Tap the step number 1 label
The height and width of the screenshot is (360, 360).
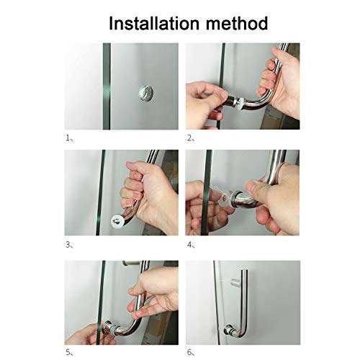[x=68, y=136]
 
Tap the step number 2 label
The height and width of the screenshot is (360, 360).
[x=190, y=136]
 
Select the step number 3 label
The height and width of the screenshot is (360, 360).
[x=68, y=244]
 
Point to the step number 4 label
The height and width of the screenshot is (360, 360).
[x=190, y=244]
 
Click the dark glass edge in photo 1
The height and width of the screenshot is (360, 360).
[x=106, y=86]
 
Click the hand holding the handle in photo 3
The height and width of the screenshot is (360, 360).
[x=144, y=191]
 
